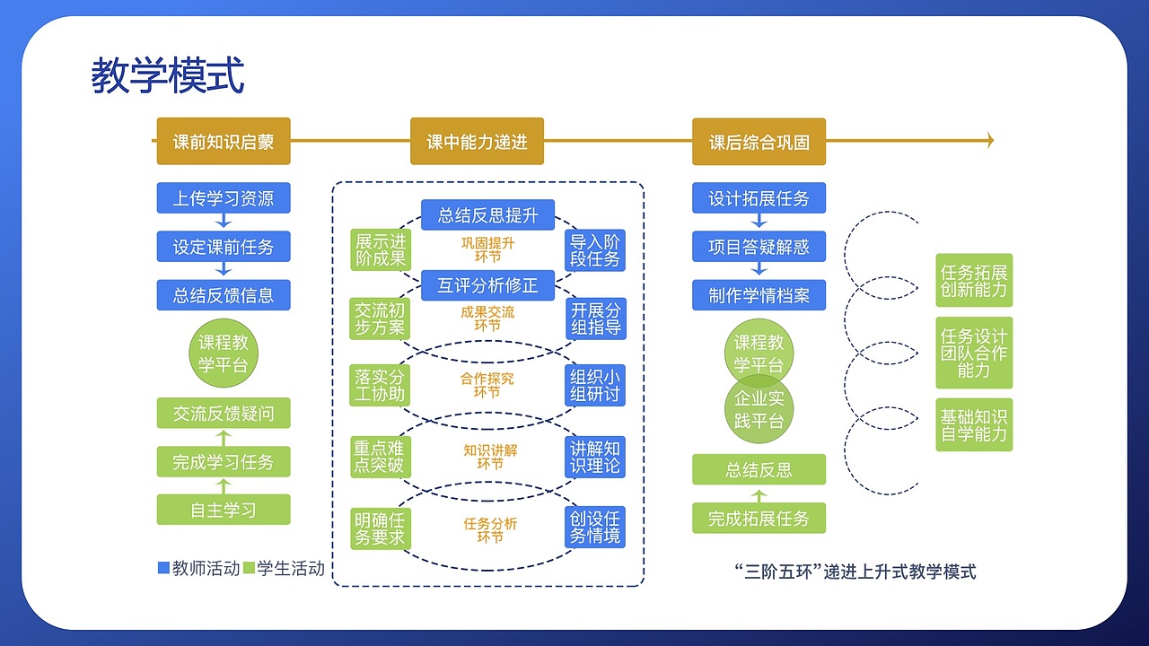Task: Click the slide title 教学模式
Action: [x=168, y=76]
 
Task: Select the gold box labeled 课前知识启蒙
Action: [x=224, y=142]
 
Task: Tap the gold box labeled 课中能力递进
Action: [x=477, y=142]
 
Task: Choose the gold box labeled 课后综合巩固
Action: [x=759, y=142]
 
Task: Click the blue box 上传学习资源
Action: [x=224, y=198]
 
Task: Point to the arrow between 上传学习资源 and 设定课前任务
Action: [x=224, y=222]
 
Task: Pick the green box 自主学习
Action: [x=224, y=510]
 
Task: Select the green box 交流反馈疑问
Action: [x=224, y=413]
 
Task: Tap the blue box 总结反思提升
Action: [x=487, y=214]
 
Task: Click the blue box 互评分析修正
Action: [x=487, y=285]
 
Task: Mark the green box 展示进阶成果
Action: [x=380, y=250]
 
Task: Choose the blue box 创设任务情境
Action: [x=595, y=528]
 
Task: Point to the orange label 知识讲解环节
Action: [x=490, y=457]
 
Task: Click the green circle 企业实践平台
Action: [x=759, y=410]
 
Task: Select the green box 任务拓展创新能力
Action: [x=974, y=280]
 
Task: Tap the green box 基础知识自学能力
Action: [x=974, y=425]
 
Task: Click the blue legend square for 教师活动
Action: [x=163, y=568]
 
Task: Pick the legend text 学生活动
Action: [x=291, y=568]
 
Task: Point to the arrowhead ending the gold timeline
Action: [x=990, y=140]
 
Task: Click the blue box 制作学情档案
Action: [x=759, y=295]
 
